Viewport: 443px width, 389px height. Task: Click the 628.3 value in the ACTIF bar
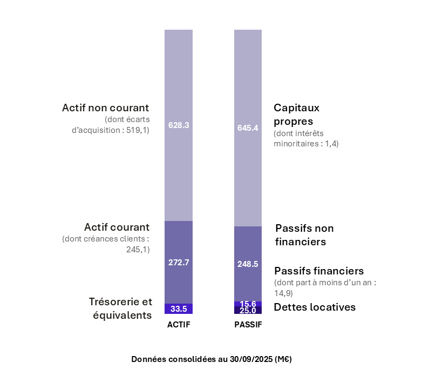(x=179, y=125)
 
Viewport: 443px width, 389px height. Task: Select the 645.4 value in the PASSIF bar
(x=248, y=128)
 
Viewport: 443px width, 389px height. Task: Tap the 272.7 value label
(x=179, y=262)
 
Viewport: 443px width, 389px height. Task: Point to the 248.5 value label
(x=248, y=264)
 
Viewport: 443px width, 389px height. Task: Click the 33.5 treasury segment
(x=179, y=309)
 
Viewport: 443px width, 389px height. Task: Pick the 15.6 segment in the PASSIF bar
(x=248, y=304)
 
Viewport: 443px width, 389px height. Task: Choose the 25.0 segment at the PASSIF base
(x=248, y=311)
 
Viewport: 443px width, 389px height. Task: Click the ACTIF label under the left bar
(x=179, y=325)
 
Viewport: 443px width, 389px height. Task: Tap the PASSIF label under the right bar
(x=248, y=325)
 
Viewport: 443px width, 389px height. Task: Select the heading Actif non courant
(x=105, y=108)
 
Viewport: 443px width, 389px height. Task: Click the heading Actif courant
(x=117, y=227)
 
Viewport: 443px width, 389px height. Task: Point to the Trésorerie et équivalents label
(x=120, y=308)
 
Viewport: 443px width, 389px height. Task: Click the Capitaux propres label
(x=296, y=114)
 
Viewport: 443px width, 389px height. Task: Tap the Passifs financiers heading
(x=319, y=271)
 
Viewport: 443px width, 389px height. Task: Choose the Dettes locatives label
(x=315, y=307)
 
